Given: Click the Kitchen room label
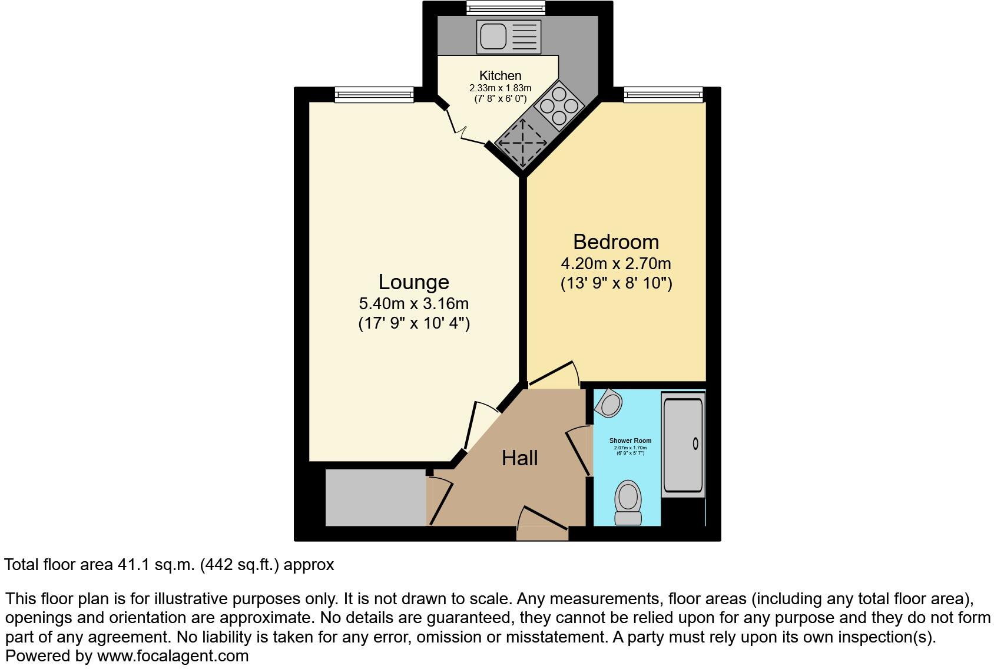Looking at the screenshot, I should click(x=500, y=75).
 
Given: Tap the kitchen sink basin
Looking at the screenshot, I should click(x=492, y=37).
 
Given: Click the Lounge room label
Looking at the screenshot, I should click(x=413, y=282).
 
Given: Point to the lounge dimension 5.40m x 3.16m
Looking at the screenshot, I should click(x=413, y=304).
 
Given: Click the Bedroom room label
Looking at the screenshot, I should click(x=616, y=242).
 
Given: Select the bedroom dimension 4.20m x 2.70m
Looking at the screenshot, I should click(x=616, y=263).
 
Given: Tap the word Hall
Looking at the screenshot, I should click(x=519, y=458).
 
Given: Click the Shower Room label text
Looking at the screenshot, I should click(x=630, y=441).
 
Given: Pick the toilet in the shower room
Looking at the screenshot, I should click(x=628, y=502).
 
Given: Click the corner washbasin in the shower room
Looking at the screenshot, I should click(x=609, y=404).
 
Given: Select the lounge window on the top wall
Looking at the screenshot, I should click(x=374, y=94).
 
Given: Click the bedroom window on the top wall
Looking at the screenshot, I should click(x=663, y=94).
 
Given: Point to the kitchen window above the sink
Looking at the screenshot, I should click(x=506, y=8).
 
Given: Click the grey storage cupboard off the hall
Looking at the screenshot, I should click(x=375, y=498).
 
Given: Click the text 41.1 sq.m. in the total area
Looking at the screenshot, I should click(x=156, y=565).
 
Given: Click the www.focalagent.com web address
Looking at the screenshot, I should click(x=173, y=655).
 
